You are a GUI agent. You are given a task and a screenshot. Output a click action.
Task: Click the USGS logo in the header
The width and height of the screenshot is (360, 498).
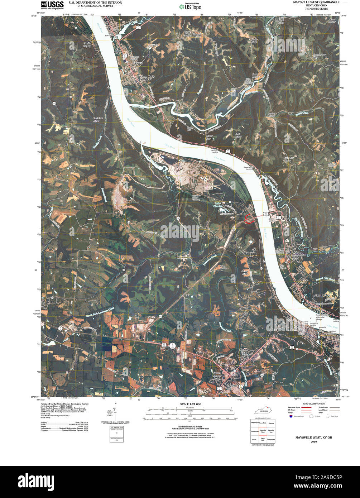52,5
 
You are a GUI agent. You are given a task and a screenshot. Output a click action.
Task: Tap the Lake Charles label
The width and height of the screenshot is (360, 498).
219,205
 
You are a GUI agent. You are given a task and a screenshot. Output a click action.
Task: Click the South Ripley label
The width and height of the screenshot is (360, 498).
87,45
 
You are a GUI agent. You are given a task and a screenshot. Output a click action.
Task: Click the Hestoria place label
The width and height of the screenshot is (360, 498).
138,63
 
